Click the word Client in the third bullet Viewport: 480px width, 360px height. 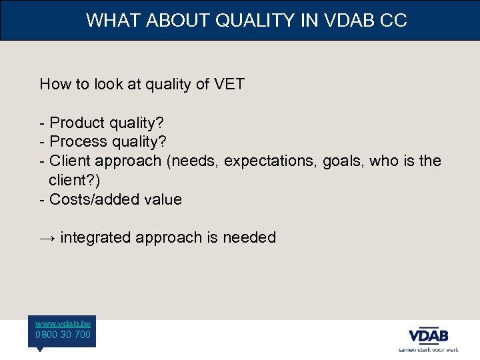coord(70,161)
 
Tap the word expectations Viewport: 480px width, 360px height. coord(271,161)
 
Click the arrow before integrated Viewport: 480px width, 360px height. coord(47,238)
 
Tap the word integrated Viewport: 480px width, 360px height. coord(95,238)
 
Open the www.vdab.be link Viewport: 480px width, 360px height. coord(63,323)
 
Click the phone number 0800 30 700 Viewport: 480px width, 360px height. coord(63,335)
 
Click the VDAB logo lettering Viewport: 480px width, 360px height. coord(428,335)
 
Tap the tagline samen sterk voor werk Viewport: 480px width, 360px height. coord(428,349)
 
